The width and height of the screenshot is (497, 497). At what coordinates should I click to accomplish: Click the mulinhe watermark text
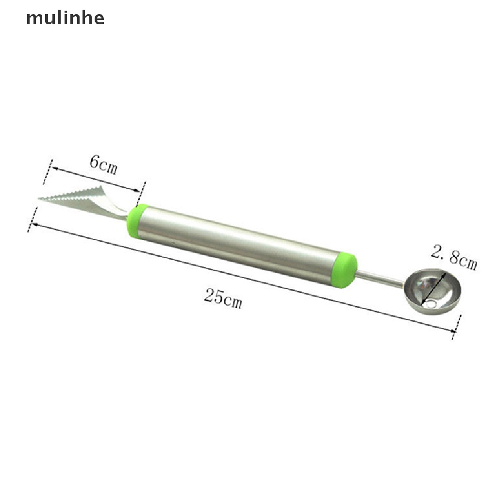[x=65, y=18]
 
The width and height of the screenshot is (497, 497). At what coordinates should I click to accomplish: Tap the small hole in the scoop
[x=430, y=305]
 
